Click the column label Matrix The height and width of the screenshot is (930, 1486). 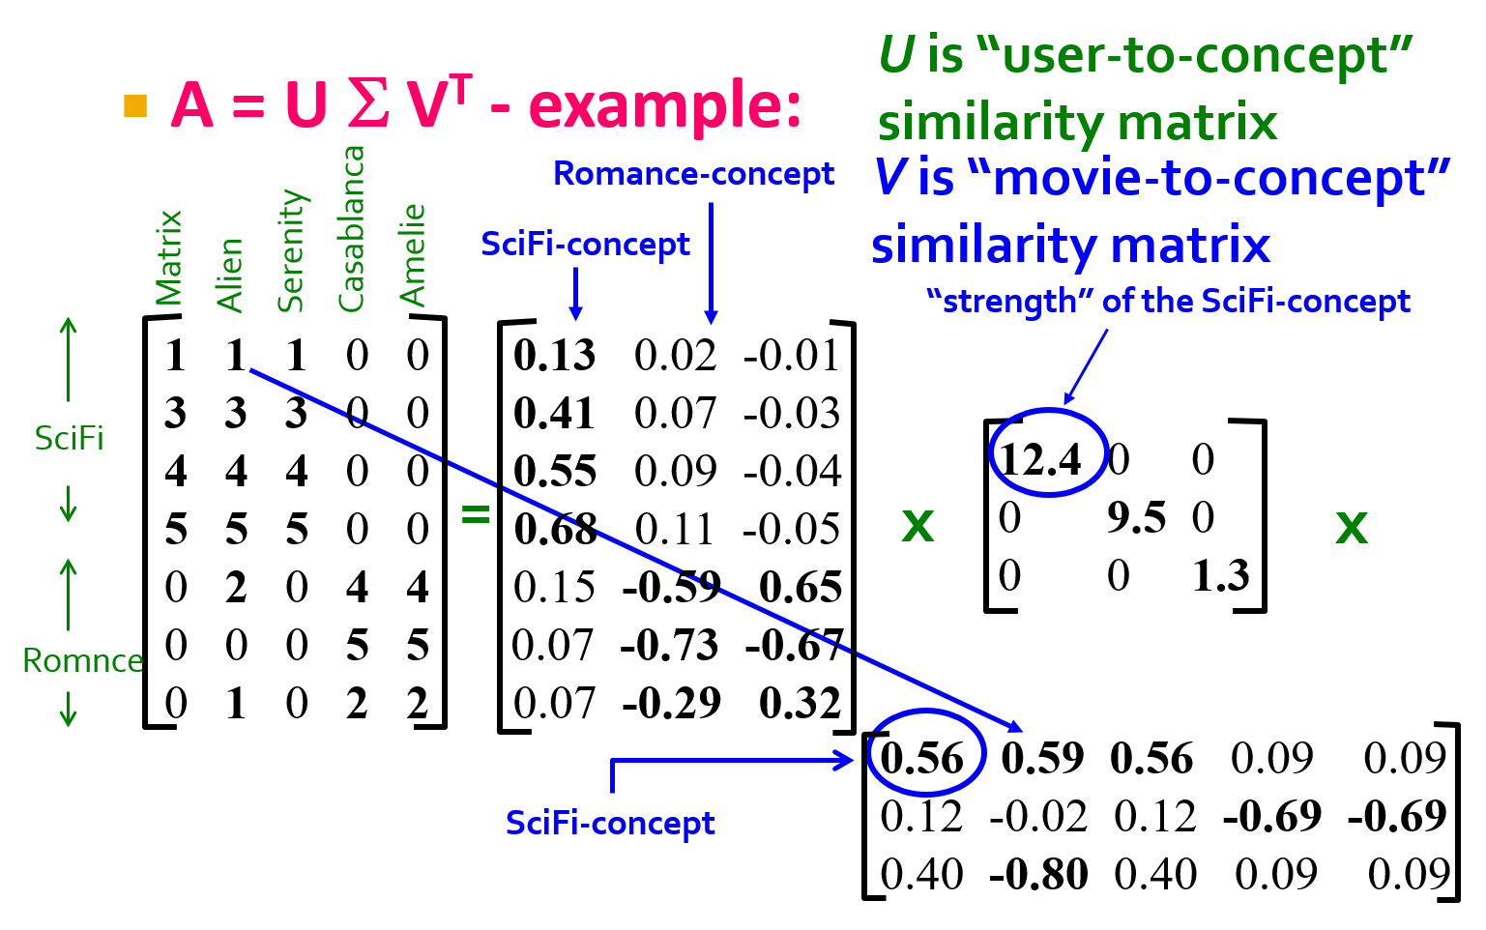(168, 259)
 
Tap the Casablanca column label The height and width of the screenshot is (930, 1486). (352, 229)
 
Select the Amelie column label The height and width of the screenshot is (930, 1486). (413, 255)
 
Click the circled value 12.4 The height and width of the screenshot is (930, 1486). (1039, 459)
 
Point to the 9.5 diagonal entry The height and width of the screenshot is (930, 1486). (1136, 517)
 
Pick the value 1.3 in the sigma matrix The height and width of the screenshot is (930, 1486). (1221, 575)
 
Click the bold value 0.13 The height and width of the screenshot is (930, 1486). (555, 355)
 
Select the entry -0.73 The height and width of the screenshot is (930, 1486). (669, 645)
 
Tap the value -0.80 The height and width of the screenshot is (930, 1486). (1038, 874)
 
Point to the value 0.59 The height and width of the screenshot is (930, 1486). (1042, 758)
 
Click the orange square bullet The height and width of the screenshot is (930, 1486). (135, 106)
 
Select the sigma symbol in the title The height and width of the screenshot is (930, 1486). (368, 104)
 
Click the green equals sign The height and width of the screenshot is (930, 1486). (476, 513)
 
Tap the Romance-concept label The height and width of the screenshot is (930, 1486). (693, 174)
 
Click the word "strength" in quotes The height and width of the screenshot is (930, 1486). (1009, 302)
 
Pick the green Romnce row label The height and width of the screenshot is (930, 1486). (83, 660)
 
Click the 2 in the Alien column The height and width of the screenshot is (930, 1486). (236, 587)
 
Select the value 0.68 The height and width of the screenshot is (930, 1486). (555, 530)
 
